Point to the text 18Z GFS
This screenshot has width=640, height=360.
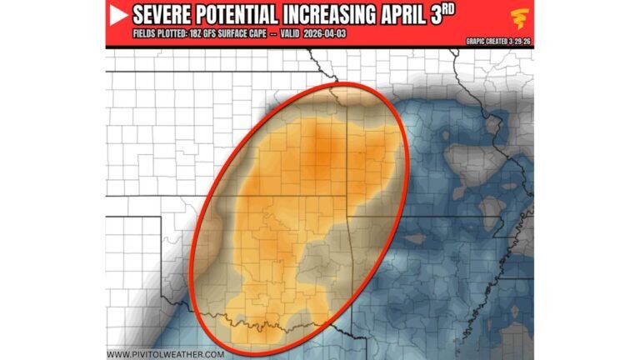(x=207, y=35)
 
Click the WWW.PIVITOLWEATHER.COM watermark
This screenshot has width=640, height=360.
(x=165, y=354)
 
